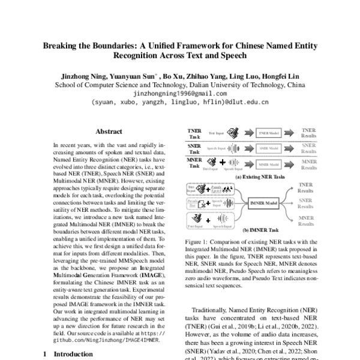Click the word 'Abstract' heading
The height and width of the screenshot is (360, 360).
[109, 131]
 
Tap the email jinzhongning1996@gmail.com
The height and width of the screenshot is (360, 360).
[180, 94]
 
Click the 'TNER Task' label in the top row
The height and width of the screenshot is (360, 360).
[194, 133]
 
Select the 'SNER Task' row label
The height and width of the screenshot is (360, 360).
[194, 148]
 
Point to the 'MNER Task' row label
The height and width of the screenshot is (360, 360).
[194, 162]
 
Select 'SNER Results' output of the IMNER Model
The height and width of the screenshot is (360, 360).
[305, 204]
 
